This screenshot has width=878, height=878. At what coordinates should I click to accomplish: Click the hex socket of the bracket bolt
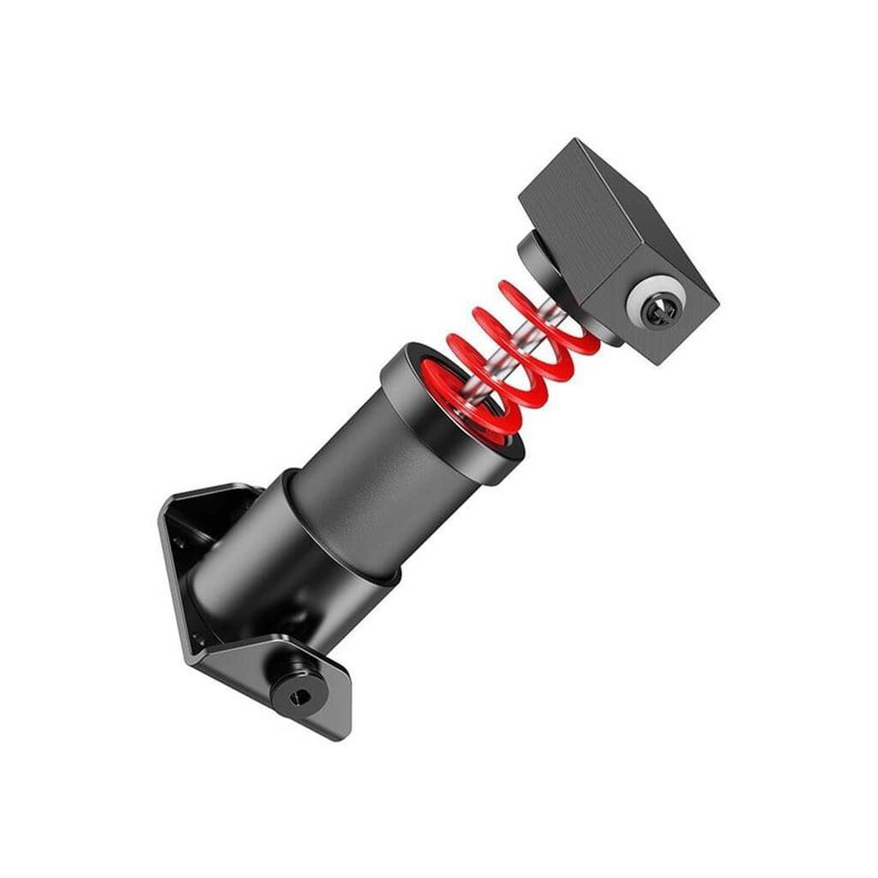pos(297,697)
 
